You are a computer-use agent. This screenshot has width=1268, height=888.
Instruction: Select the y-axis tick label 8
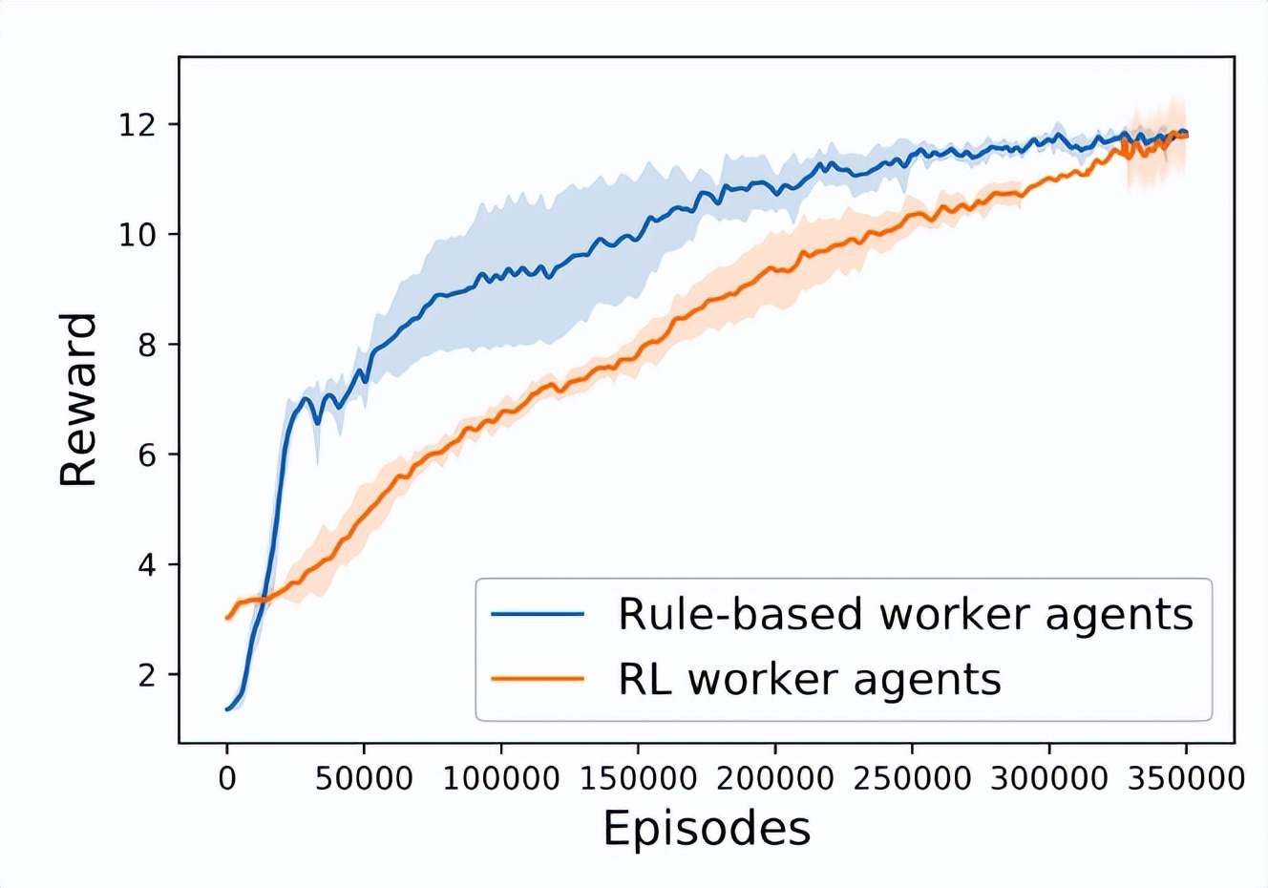pos(147,345)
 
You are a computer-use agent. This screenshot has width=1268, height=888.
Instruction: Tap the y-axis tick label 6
pos(147,455)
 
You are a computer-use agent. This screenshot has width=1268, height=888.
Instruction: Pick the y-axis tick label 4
pos(147,564)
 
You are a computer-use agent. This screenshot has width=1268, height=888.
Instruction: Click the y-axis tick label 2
pos(147,674)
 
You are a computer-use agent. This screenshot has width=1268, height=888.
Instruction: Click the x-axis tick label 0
pos(227,778)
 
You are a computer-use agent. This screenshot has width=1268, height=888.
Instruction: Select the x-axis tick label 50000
pos(364,778)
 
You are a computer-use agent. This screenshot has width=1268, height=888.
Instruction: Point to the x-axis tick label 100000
pos(501,778)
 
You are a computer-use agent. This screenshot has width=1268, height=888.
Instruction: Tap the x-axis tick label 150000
pos(638,778)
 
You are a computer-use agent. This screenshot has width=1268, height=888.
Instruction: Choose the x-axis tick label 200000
pos(775,778)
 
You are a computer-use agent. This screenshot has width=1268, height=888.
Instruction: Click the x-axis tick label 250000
pos(912,778)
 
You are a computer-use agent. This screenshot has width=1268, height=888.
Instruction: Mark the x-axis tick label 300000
pos(1049,778)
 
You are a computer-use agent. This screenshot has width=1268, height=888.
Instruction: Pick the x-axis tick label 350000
pos(1186,778)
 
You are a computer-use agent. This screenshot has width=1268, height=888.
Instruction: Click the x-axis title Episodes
pos(707,829)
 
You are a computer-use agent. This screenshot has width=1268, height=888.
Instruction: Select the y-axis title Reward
pos(78,399)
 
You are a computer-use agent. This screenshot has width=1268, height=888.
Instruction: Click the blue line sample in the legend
pos(538,614)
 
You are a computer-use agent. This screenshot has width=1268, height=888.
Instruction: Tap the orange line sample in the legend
pos(538,679)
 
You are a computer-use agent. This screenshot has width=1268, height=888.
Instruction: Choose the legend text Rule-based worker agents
pos(905,614)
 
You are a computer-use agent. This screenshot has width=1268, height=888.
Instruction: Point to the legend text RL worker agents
pos(810,679)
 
